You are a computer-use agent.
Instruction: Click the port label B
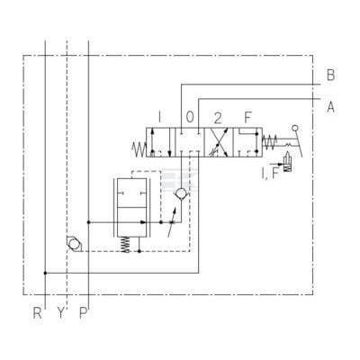330,75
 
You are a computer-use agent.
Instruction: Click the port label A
330,107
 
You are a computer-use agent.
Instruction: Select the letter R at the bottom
37,313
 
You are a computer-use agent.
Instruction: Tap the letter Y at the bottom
61,313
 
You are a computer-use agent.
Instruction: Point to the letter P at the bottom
83,313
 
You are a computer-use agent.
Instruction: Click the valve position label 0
190,117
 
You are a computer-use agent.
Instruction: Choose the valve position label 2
218,118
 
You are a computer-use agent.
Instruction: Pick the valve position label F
247,117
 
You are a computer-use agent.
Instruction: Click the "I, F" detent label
270,174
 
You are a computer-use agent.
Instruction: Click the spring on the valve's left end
139,149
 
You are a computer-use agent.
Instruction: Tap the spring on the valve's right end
269,141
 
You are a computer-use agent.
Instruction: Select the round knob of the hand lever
295,128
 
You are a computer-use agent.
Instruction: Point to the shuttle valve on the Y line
74,243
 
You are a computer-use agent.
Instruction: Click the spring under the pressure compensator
127,245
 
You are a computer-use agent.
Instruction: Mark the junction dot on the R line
45,273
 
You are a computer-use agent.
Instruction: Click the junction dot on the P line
88,222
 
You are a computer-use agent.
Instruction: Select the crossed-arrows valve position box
219,142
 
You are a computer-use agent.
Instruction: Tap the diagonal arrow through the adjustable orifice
172,221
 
